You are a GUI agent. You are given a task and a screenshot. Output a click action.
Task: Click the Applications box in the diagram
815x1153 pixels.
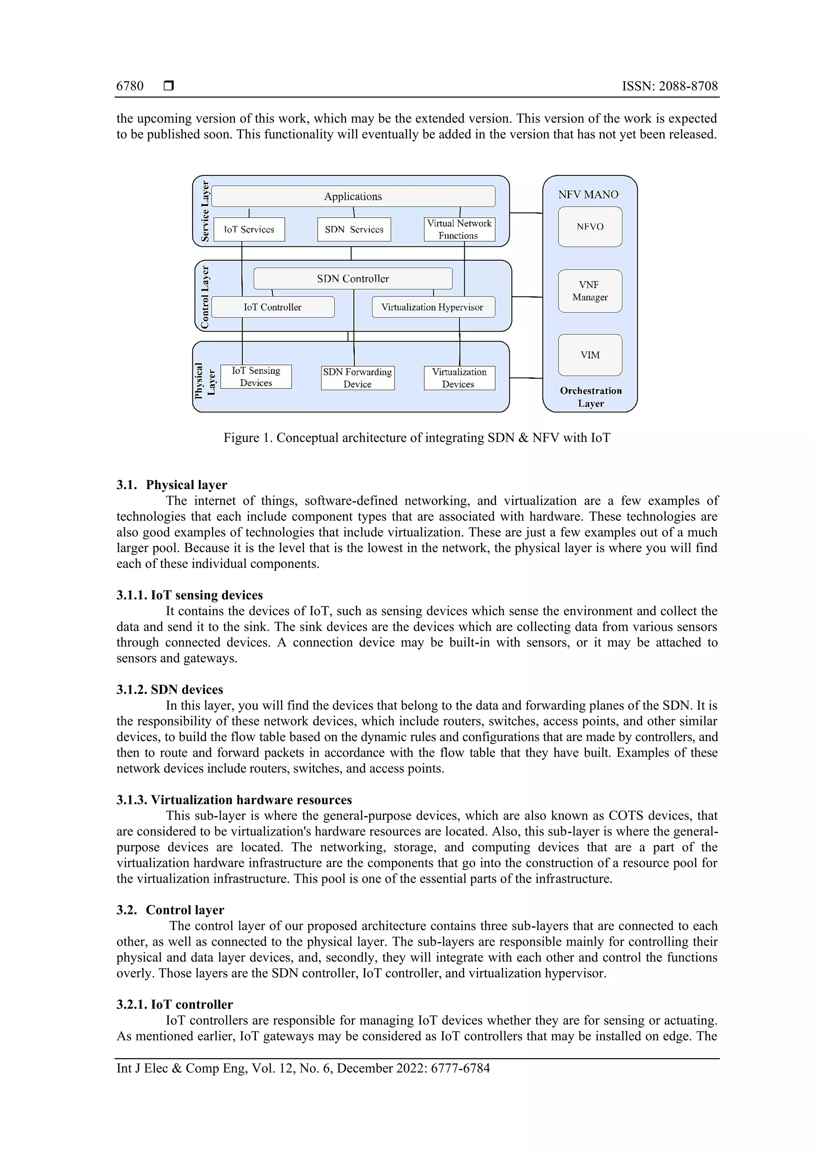(x=353, y=196)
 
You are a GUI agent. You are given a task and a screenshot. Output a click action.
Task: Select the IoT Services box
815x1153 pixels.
(x=249, y=230)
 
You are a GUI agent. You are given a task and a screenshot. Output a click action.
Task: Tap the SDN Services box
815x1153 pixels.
(x=354, y=230)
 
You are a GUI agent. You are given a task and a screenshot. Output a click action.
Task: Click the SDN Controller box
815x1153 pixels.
(x=353, y=279)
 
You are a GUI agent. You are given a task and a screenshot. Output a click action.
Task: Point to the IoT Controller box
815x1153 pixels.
(x=273, y=307)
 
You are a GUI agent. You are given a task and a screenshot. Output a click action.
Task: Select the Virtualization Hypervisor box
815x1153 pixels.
(x=433, y=307)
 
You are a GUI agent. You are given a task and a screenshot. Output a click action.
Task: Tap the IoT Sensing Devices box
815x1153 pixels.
(x=256, y=377)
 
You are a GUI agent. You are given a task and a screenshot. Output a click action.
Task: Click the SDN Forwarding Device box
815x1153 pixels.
(x=357, y=378)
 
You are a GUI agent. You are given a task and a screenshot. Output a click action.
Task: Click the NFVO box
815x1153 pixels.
(x=590, y=226)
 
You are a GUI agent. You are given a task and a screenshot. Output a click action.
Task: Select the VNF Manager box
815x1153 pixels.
(x=590, y=291)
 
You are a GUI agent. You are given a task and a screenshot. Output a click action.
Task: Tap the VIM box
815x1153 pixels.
(x=590, y=355)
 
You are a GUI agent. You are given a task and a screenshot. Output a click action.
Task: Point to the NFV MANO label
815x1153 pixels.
(x=588, y=194)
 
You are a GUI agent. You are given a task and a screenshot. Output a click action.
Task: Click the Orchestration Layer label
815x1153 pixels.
(x=591, y=397)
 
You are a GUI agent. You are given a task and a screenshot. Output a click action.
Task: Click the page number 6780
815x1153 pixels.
(x=130, y=86)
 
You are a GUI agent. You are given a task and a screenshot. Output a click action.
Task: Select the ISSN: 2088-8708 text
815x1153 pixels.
(x=670, y=86)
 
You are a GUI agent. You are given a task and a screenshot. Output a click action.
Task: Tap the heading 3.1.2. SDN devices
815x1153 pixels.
(x=170, y=689)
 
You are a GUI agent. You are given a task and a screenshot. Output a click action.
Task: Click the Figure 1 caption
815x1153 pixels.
(x=417, y=437)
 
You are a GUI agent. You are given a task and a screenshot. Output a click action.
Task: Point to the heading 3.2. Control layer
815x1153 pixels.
(x=170, y=910)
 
